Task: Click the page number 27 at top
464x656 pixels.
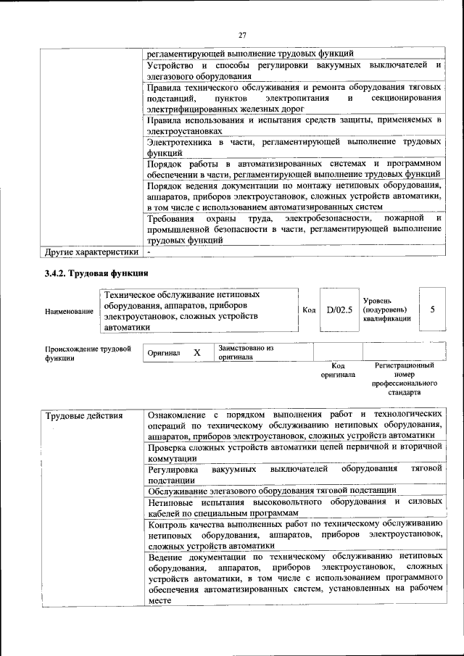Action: [242, 33]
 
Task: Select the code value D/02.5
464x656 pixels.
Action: [339, 310]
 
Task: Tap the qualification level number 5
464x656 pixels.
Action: [433, 310]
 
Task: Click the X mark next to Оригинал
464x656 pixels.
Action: [196, 352]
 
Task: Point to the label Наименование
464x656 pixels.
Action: [69, 311]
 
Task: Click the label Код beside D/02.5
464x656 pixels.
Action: [309, 310]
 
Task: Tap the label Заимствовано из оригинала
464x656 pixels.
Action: [245, 352]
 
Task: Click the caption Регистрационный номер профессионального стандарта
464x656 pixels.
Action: [405, 379]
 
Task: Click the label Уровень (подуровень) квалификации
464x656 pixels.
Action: [387, 310]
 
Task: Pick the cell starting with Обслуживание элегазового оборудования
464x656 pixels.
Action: [271, 490]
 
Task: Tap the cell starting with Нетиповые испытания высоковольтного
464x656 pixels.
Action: [294, 507]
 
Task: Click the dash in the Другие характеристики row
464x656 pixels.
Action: [148, 252]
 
